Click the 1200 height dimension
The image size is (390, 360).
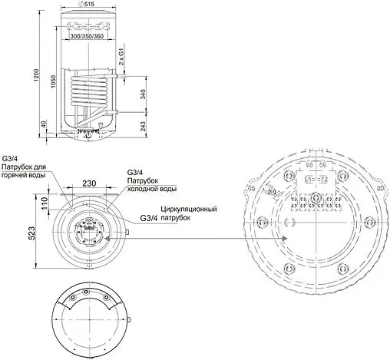pyautogui.click(x=36, y=75)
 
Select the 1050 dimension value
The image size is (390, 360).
pyautogui.click(x=53, y=81)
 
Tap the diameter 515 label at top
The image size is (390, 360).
pyautogui.click(x=88, y=4)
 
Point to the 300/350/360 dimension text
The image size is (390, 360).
pyautogui.click(x=87, y=36)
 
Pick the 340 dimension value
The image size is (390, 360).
pyautogui.click(x=143, y=94)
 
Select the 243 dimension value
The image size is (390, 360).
pyautogui.click(x=143, y=127)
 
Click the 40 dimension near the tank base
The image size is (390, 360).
pyautogui.click(x=44, y=124)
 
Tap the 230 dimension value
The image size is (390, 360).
pyautogui.click(x=89, y=183)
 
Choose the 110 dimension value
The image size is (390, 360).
pyautogui.click(x=45, y=203)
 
